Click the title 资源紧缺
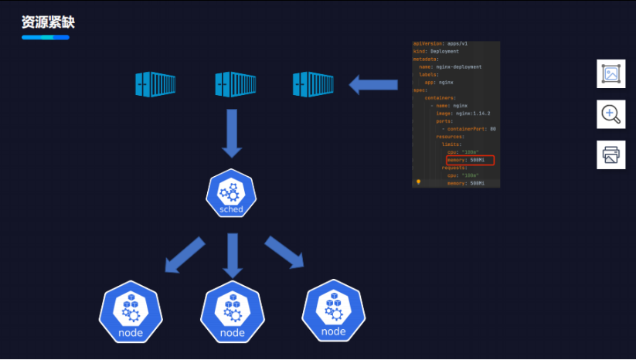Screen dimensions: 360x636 (x=48, y=22)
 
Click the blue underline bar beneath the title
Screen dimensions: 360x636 (x=45, y=37)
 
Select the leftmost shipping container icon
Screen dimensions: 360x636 (x=155, y=84)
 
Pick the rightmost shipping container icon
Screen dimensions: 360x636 (x=312, y=84)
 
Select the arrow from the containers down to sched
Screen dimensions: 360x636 (x=231, y=132)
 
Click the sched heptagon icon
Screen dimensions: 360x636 (x=231, y=194)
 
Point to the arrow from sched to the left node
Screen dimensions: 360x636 (x=185, y=255)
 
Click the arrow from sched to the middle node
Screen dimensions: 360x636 (x=232, y=256)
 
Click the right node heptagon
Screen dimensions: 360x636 (x=333, y=313)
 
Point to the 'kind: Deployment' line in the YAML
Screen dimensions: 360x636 (x=437, y=52)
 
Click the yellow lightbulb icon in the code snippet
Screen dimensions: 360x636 (x=418, y=183)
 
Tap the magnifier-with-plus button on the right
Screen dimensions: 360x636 (x=610, y=114)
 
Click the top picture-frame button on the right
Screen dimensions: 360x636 (x=610, y=74)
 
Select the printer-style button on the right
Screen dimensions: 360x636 (x=610, y=155)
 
